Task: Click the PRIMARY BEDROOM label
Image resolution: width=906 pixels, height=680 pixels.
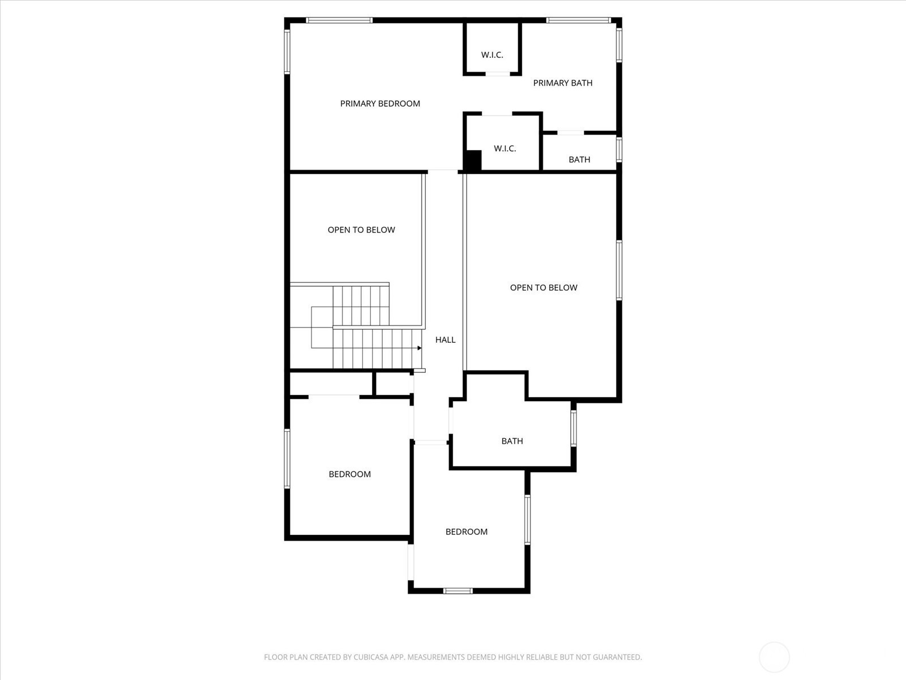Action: coord(380,104)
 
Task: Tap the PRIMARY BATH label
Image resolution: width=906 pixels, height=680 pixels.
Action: coord(563,83)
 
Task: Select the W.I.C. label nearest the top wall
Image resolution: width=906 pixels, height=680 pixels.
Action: coord(492,55)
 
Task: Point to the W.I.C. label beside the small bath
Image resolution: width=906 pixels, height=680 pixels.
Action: coord(505,148)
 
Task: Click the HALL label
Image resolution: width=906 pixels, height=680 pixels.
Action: coord(446,340)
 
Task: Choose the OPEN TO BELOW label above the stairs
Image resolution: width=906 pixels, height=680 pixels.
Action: coord(361,230)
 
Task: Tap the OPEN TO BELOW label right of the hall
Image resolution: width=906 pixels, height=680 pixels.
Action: coord(544,288)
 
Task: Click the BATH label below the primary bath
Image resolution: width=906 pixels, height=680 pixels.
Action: coord(579,160)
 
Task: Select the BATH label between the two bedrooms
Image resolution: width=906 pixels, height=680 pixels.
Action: coord(512,441)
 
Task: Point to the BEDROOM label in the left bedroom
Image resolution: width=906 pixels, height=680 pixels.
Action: coord(349,474)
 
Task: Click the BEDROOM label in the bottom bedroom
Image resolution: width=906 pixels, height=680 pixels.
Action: coord(467,532)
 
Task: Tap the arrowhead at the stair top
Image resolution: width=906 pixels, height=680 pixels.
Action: coord(420,348)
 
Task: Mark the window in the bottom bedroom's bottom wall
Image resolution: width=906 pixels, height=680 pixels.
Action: coord(458,591)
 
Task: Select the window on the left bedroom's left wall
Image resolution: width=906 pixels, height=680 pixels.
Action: coord(287,458)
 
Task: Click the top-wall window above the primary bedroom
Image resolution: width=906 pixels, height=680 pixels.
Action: coord(339,20)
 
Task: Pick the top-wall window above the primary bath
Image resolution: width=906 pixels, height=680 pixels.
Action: coord(579,20)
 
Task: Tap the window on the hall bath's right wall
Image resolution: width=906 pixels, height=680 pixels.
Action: coord(573,428)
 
